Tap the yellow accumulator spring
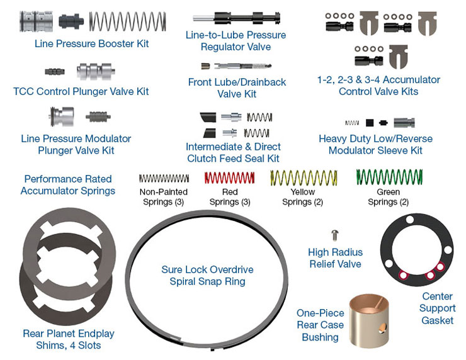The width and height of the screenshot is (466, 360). (303, 178)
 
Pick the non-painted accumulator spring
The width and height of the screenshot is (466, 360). (164, 179)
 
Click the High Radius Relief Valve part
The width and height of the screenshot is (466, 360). (335, 235)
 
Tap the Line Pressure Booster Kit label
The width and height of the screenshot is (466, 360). (92, 44)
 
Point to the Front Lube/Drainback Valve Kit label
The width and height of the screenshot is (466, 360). (237, 88)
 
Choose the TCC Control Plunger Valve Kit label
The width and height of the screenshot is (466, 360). (81, 91)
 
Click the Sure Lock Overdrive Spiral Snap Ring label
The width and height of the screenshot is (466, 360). (207, 276)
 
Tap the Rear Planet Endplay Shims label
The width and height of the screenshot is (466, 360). (69, 339)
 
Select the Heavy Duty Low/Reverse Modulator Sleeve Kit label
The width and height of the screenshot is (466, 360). (375, 145)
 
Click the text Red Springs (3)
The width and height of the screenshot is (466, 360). (230, 197)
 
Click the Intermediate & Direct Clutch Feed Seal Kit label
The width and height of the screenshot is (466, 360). (233, 152)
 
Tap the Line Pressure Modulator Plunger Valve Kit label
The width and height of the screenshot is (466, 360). (76, 144)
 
